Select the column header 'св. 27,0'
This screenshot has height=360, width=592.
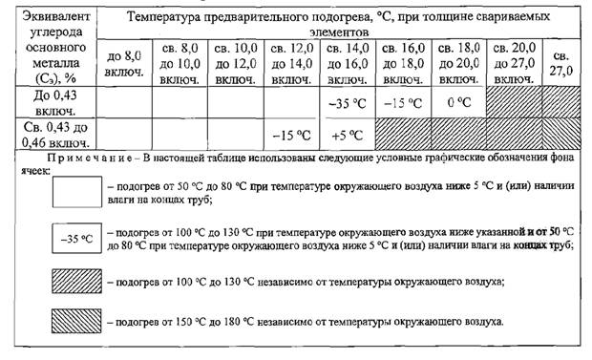[560, 62]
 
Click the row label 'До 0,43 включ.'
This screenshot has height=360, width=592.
[49, 103]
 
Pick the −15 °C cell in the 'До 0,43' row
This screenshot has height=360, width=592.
[402, 103]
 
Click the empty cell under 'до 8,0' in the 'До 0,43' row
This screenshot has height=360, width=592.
[124, 103]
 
